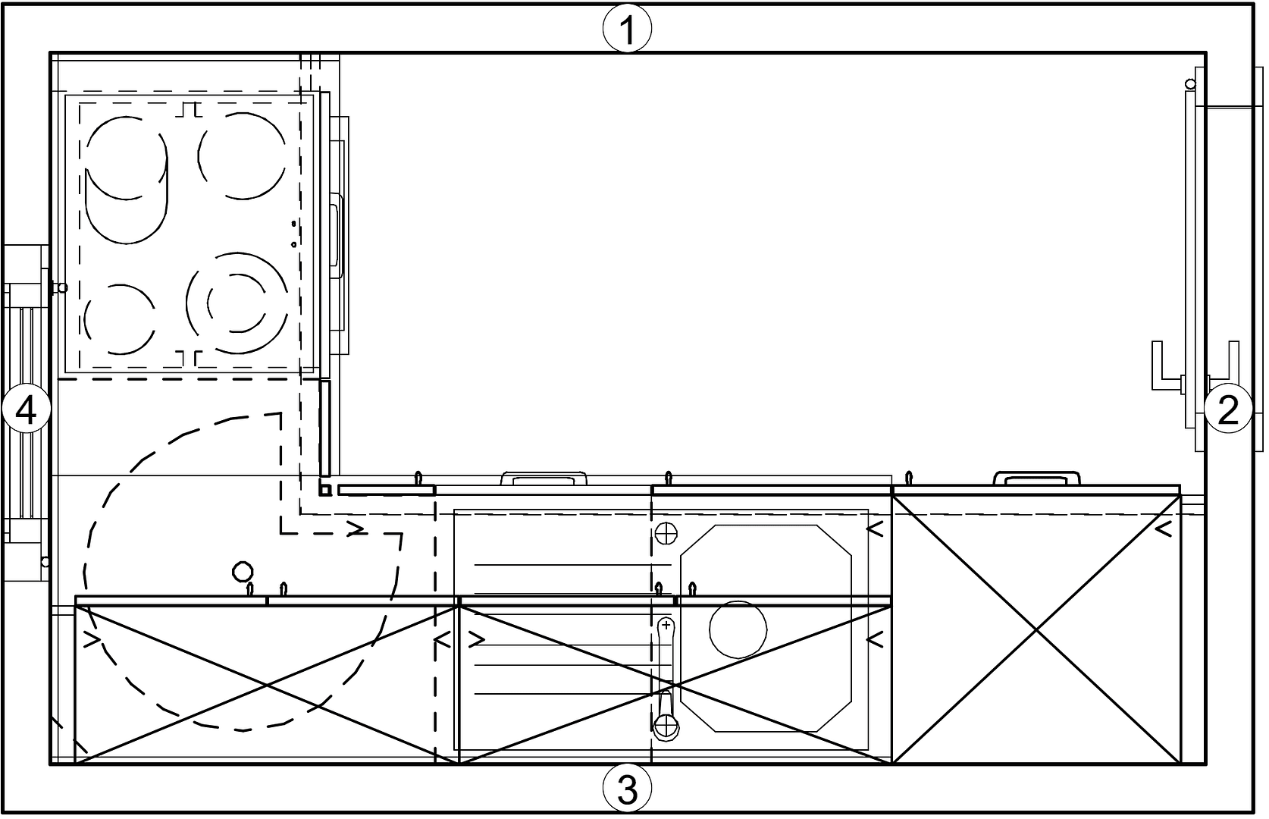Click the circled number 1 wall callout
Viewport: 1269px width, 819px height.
point(627,28)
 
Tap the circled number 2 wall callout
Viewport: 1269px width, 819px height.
point(1227,409)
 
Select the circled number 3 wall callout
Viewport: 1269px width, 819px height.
point(627,789)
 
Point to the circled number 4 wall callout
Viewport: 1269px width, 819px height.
point(26,409)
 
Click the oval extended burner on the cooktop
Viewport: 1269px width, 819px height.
point(127,180)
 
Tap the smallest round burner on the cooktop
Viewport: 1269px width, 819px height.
point(120,319)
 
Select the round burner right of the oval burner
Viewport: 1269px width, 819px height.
point(243,156)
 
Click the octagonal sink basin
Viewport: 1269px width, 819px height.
point(766,628)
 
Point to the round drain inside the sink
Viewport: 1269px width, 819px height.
point(738,629)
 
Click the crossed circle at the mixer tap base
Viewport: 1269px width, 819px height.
point(666,725)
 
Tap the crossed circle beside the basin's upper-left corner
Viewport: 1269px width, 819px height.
point(666,533)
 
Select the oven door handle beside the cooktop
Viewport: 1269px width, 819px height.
point(337,235)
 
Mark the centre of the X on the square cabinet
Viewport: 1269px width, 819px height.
point(1036,629)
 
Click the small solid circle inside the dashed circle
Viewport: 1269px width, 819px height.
point(243,571)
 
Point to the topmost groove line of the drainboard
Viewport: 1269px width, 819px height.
point(572,564)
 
